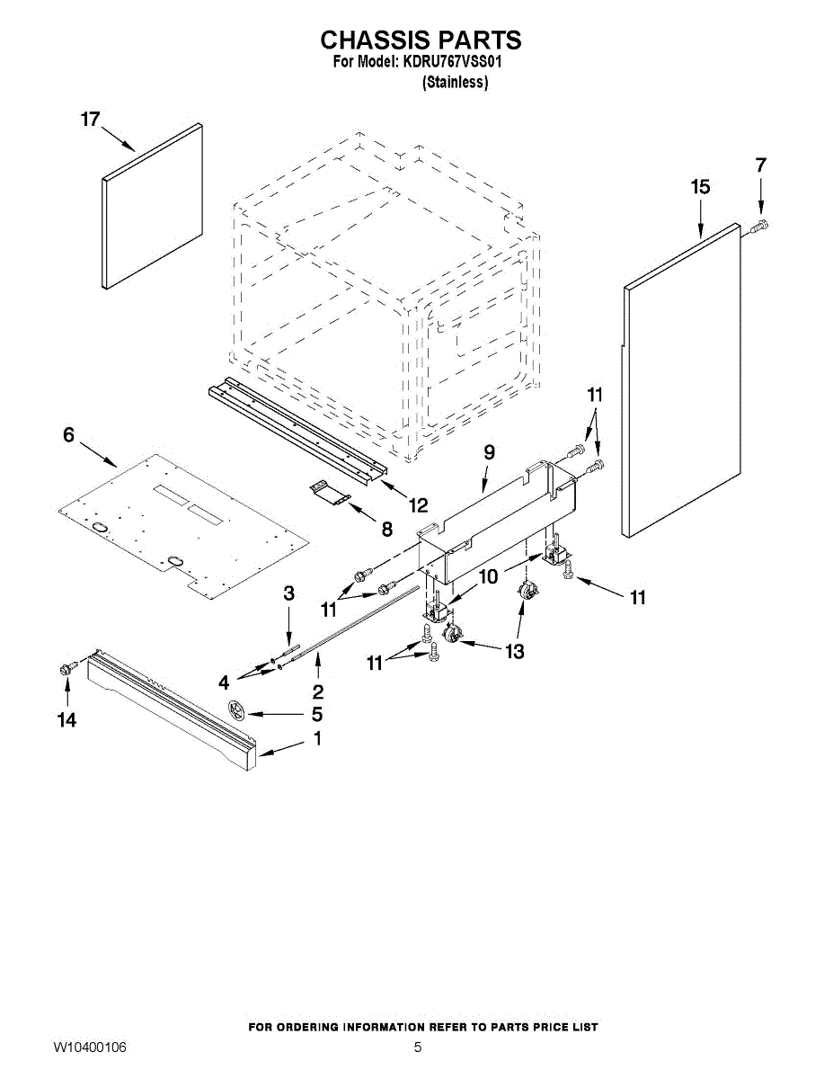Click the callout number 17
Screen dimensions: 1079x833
pos(90,120)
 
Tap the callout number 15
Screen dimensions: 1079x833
pos(700,187)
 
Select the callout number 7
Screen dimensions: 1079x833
pos(761,165)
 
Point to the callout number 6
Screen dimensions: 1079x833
pos(68,435)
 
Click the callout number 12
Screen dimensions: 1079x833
pos(418,505)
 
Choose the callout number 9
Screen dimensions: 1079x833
pos(489,452)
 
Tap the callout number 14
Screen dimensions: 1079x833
pos(66,719)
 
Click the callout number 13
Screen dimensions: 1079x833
pos(514,652)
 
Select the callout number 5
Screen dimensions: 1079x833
pos(316,715)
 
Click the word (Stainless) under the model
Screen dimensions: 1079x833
pos(455,83)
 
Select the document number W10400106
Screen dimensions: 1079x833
pos(89,1048)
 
